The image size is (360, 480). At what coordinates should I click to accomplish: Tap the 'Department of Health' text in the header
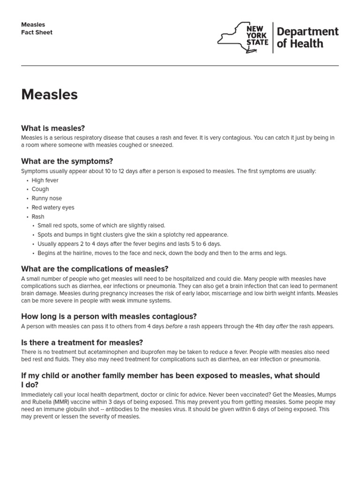pos(307,37)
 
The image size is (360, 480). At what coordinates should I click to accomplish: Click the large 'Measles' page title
pos(49,95)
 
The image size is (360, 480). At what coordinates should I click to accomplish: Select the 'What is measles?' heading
pos(53,128)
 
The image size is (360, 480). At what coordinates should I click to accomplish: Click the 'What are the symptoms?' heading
pos(67,161)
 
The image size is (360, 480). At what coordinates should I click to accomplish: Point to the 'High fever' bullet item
pos(45,180)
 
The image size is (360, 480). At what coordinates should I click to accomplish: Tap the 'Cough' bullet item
pos(40,189)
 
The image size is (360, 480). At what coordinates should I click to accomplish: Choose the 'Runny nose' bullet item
pos(47,198)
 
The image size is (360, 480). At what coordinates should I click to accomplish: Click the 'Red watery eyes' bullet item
pos(53,208)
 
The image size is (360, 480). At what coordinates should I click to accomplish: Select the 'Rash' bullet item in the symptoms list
pos(38,217)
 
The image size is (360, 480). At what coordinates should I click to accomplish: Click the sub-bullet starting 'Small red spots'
pos(101,225)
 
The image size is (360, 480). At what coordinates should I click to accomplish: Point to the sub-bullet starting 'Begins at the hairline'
pos(162,253)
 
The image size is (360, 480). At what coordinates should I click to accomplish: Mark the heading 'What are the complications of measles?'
pos(95,269)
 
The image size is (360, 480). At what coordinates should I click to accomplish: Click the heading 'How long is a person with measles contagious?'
pos(109,316)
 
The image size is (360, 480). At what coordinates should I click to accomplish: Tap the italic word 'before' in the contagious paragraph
pos(174,326)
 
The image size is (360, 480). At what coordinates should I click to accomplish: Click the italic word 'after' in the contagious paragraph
pos(282,326)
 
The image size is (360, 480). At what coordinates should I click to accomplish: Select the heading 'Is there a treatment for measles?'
pos(82,343)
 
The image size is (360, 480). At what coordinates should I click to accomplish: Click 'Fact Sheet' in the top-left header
pos(37,32)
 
